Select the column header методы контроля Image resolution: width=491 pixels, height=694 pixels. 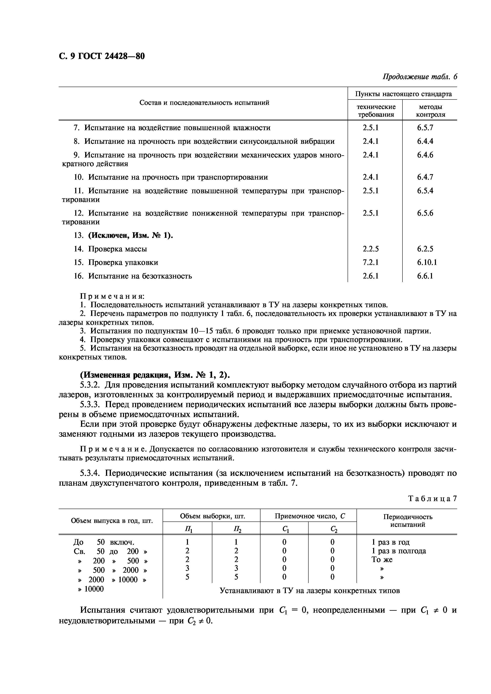430,111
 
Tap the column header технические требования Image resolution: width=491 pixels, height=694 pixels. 376,111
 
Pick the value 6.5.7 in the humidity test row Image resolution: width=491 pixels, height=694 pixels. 425,128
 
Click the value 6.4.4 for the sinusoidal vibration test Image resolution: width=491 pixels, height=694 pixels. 425,141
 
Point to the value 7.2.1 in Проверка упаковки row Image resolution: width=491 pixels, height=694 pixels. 371,262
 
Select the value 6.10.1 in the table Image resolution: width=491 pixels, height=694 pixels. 427,262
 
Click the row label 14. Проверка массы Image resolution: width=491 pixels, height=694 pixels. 111,249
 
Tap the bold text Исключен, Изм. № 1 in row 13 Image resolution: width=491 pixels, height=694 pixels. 130,235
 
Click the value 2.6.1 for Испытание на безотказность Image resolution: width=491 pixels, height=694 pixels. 371,276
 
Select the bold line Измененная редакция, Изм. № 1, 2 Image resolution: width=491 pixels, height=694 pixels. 155,375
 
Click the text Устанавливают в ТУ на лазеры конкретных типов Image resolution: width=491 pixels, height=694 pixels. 310,591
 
